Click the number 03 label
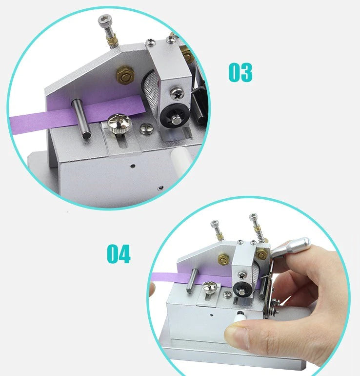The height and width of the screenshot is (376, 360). (x=240, y=72)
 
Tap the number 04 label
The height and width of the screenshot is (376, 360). (x=119, y=254)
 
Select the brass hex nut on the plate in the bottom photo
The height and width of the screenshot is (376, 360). (x=223, y=259)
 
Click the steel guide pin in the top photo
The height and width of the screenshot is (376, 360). (x=81, y=119)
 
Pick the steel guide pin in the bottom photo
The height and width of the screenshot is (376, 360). (x=192, y=281)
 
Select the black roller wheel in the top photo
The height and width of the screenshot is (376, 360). (x=175, y=117)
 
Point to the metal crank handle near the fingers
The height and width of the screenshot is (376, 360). (x=291, y=247)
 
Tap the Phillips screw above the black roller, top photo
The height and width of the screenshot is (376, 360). (x=177, y=94)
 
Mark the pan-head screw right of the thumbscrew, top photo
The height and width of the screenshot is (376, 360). (x=147, y=128)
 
